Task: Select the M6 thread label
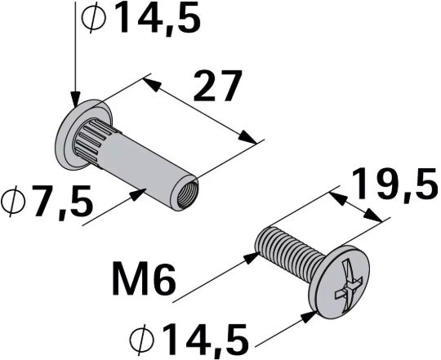tap(141, 282)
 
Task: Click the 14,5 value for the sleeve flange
tap(155, 18)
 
